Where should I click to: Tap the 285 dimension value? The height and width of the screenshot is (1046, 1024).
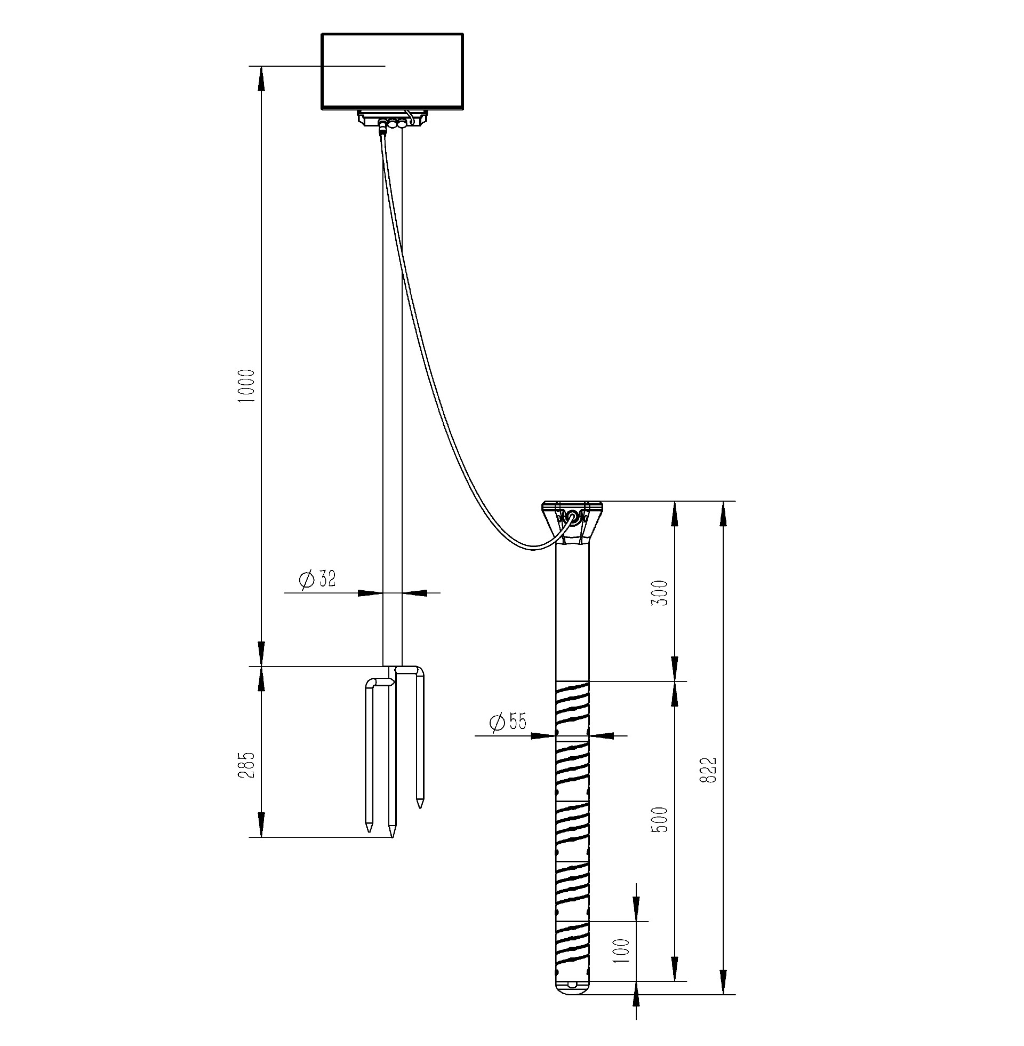coord(247,765)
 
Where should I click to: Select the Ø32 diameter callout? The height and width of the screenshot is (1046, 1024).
coord(317,580)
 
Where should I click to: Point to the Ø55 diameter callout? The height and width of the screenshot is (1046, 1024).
coord(508,722)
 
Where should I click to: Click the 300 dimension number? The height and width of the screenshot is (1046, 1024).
coord(659,593)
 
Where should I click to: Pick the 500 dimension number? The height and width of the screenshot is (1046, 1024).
coord(659,820)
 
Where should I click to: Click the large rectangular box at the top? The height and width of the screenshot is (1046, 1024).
coord(393,72)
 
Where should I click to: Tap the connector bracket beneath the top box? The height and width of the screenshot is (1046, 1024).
coord(393,119)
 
